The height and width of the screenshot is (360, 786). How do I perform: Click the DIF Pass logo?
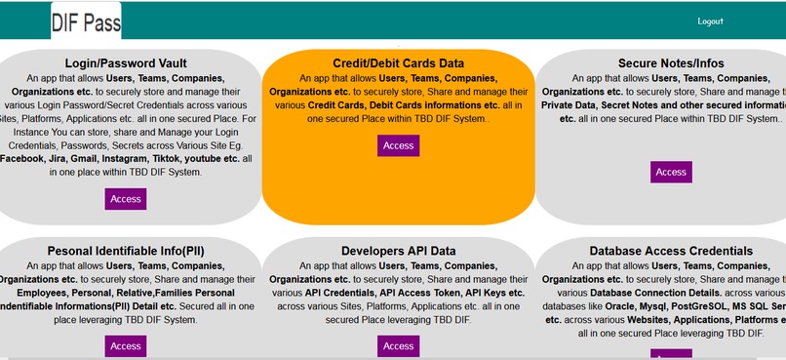86,21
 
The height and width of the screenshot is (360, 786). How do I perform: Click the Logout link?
710,20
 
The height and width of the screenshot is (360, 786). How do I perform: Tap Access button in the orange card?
398,145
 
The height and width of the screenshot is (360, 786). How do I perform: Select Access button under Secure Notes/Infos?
671,172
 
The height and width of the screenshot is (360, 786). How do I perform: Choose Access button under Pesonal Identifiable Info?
126,345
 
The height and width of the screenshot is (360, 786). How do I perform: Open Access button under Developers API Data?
398,345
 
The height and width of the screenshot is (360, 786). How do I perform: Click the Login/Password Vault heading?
126,63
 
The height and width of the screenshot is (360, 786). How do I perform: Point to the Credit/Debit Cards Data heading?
398,63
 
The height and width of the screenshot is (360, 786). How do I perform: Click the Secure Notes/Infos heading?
671,63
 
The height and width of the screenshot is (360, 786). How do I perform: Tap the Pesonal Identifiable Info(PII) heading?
126,251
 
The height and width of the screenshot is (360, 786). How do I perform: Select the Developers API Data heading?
398,251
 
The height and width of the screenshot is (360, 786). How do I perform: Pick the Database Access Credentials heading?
671,251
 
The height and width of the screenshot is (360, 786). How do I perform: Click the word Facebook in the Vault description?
25,158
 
